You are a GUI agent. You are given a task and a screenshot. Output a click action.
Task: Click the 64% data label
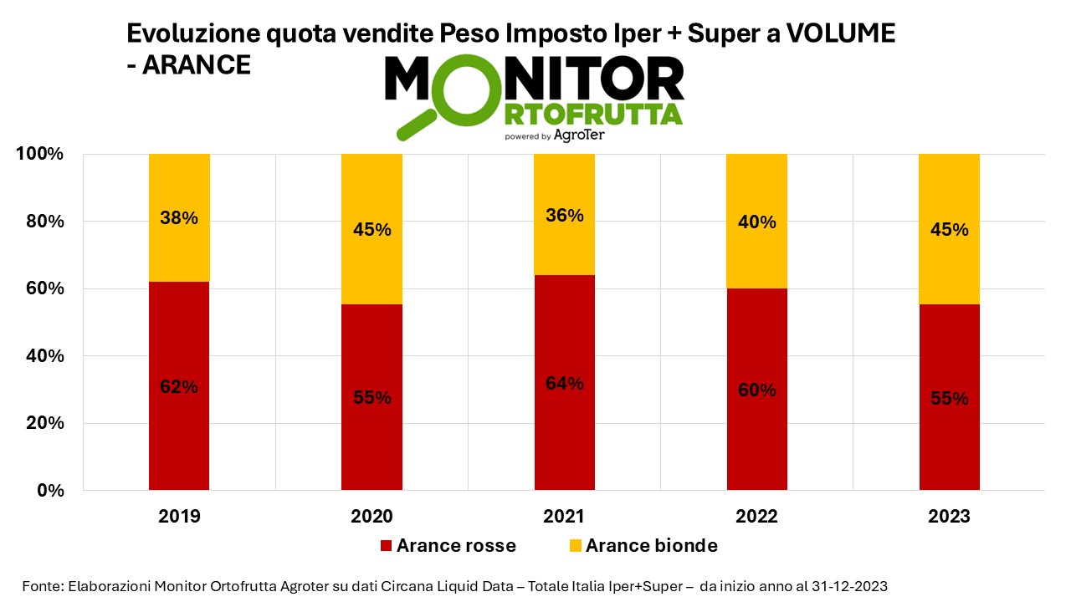564,384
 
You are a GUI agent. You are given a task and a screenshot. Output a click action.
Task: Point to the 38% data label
179,218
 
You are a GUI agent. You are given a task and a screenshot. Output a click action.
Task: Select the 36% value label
564,215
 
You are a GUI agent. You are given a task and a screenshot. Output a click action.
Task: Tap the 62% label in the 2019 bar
179,387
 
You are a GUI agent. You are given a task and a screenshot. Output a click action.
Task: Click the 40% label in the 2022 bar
756,222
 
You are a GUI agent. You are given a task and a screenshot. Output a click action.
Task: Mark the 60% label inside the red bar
756,390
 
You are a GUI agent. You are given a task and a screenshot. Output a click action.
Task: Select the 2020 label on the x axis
372,517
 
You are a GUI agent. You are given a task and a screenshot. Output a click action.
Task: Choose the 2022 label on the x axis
756,517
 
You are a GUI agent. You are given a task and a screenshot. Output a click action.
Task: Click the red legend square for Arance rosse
386,546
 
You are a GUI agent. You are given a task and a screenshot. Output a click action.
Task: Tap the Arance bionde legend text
651,546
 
